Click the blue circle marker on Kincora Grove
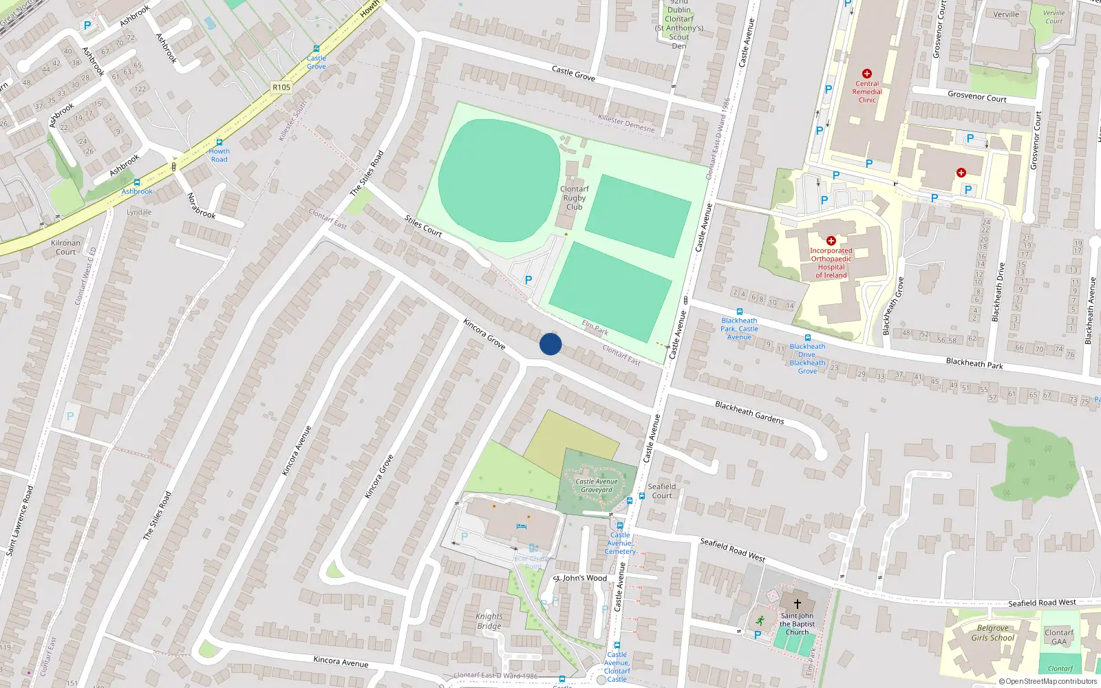[x=550, y=344]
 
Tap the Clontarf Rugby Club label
[x=574, y=198]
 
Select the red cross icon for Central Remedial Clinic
[x=867, y=74]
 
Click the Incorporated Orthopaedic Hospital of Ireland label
[x=831, y=263]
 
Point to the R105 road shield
[x=281, y=87]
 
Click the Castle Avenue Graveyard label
[x=597, y=486]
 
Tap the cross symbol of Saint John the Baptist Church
[x=798, y=603]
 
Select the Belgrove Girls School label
[x=993, y=633]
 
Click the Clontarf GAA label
[x=1059, y=637]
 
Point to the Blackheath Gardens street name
[x=749, y=412]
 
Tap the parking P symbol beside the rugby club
[x=528, y=280]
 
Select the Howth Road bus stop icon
[x=220, y=142]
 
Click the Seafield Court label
[x=662, y=491]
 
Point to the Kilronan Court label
[x=66, y=247]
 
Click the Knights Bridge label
[x=489, y=621]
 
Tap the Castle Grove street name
[x=573, y=73]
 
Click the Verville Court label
[x=1054, y=17]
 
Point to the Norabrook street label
[x=202, y=206]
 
